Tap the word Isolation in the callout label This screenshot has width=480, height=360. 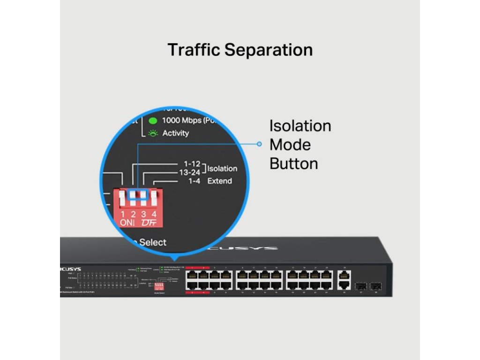pyautogui.click(x=300, y=126)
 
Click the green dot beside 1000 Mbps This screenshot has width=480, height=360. pyautogui.click(x=152, y=120)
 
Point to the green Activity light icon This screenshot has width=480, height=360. pyautogui.click(x=152, y=133)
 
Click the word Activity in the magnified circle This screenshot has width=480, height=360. pyautogui.click(x=176, y=133)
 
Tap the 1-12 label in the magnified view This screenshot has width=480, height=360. pyautogui.click(x=192, y=164)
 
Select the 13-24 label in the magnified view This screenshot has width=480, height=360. pyautogui.click(x=189, y=172)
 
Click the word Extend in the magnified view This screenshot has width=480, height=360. pyautogui.click(x=220, y=181)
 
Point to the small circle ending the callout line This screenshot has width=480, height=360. pyautogui.click(x=259, y=144)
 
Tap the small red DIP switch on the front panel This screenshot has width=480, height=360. pyautogui.click(x=159, y=285)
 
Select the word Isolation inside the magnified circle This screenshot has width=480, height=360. pyautogui.click(x=222, y=169)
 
